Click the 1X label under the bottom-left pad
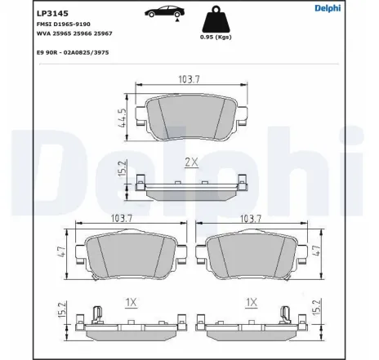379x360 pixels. click(130, 303)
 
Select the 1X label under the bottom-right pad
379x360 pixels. click(252, 303)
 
